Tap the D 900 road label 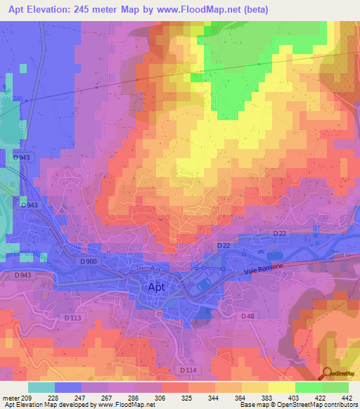tap(89, 262)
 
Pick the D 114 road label tap(188, 370)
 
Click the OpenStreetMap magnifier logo tap(328, 375)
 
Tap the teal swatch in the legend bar tap(41, 387)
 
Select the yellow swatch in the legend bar tap(282, 387)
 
